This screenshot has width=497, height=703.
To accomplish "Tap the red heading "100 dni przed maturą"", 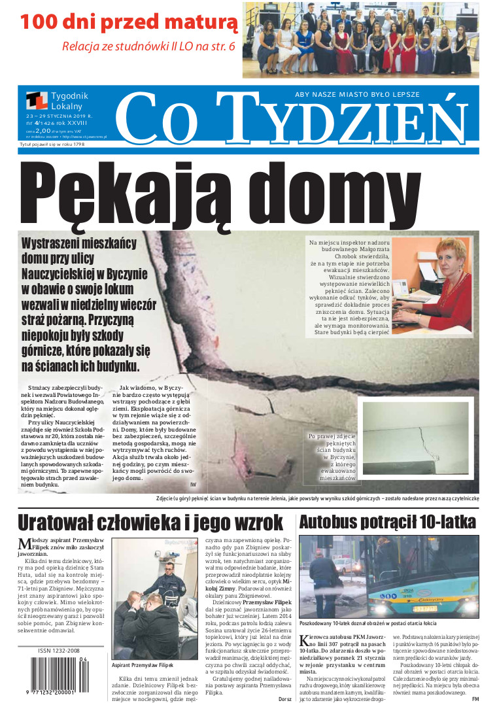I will pyautogui.click(x=129, y=22).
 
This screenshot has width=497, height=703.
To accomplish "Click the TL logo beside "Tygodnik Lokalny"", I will pyautogui.click(x=37, y=101).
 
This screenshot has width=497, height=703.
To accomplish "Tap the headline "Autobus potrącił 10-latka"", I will pyautogui.click(x=388, y=522).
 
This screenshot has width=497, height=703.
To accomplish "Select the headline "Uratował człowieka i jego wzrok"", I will pyautogui.click(x=150, y=523).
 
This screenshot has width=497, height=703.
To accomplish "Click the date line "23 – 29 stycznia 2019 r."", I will pyautogui.click(x=59, y=116).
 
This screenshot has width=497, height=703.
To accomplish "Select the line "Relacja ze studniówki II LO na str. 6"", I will pyautogui.click(x=148, y=46).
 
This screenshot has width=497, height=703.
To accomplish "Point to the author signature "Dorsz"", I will pyautogui.click(x=284, y=698).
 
